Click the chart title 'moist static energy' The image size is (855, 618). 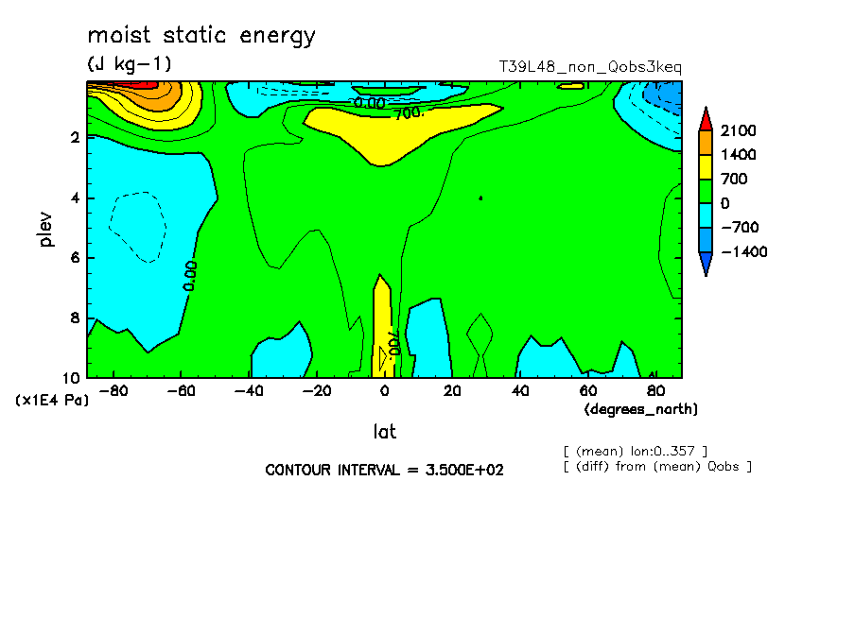[201, 36]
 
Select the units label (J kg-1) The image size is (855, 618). [130, 63]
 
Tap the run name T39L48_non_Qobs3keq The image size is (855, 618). [590, 66]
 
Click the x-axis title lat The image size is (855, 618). [384, 432]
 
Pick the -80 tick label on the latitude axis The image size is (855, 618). [113, 391]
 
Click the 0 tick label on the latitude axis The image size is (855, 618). [384, 391]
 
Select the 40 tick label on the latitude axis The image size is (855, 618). [520, 391]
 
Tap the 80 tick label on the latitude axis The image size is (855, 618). [655, 391]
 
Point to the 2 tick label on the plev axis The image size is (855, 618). [75, 137]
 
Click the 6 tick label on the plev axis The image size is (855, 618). [75, 257]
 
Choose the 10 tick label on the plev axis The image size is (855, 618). [71, 378]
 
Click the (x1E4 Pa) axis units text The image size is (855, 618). [52, 400]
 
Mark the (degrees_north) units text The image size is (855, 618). [640, 409]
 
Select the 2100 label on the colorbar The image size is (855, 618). [739, 130]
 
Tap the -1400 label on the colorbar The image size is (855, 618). [743, 251]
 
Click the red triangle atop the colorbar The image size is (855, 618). [706, 119]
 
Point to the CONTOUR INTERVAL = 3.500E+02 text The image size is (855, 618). [384, 470]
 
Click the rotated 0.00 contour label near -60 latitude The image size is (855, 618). [190, 276]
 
